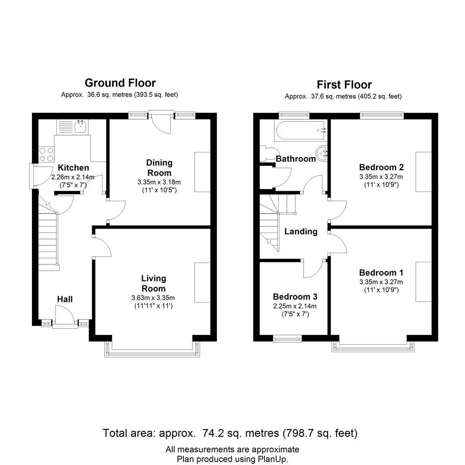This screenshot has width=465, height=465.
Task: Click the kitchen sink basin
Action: pyautogui.click(x=81, y=127)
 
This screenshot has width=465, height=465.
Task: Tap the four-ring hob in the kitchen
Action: pyautogui.click(x=46, y=155)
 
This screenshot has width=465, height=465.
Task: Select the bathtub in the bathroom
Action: pyautogui.click(x=301, y=130)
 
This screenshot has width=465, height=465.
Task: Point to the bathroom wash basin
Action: pyautogui.click(x=322, y=153)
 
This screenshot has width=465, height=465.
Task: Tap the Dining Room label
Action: pyautogui.click(x=159, y=167)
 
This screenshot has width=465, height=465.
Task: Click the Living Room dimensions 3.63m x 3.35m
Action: pyautogui.click(x=153, y=298)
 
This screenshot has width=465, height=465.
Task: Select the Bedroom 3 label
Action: pyautogui.click(x=295, y=297)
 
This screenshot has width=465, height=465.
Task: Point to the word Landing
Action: pyautogui.click(x=301, y=231)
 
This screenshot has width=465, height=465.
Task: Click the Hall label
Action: pyautogui.click(x=65, y=299)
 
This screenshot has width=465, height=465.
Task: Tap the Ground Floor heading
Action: pyautogui.click(x=120, y=83)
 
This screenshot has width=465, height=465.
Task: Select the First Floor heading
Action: pyautogui.click(x=344, y=85)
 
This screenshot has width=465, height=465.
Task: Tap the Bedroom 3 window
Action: pyautogui.click(x=287, y=339)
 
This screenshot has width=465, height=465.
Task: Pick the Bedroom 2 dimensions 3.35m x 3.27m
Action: pyautogui.click(x=381, y=177)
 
